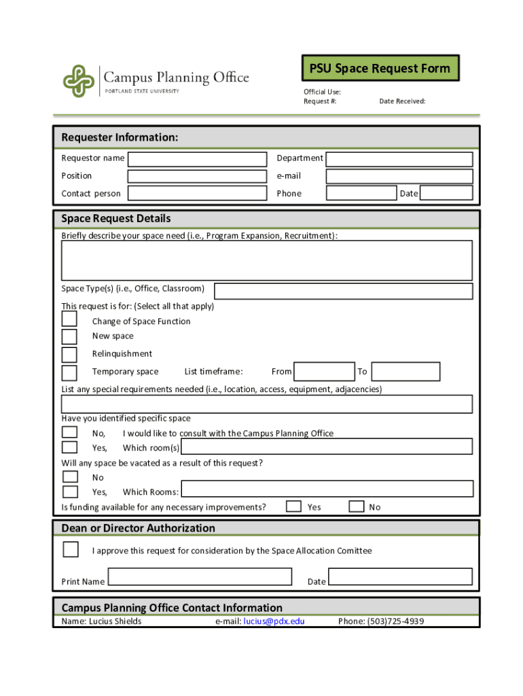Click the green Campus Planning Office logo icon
point(79,81)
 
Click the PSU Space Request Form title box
point(380,69)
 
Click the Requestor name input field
point(197,159)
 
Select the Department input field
point(399,159)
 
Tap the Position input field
point(197,176)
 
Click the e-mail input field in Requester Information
point(399,176)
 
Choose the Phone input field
point(361,193)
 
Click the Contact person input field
point(197,193)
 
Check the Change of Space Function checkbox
point(69,319)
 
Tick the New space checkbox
point(69,336)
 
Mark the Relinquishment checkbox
point(69,354)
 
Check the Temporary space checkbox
point(69,372)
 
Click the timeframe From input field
point(324,372)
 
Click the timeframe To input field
point(405,372)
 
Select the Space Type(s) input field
point(343,292)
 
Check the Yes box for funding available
point(293,506)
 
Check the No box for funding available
point(356,506)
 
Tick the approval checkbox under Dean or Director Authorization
point(70,549)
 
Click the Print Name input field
point(200,577)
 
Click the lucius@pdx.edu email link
point(274,621)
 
